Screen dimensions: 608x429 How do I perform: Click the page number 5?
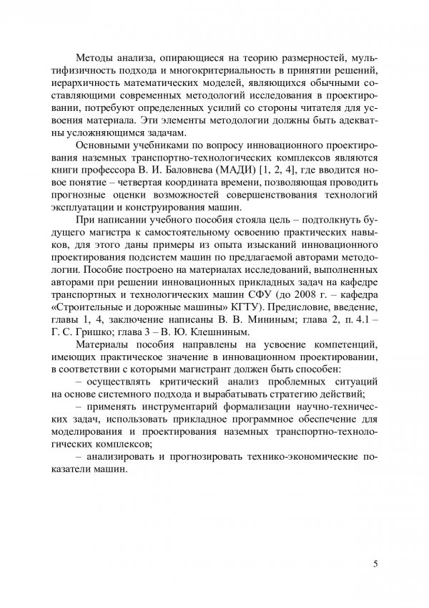(x=375, y=564)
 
